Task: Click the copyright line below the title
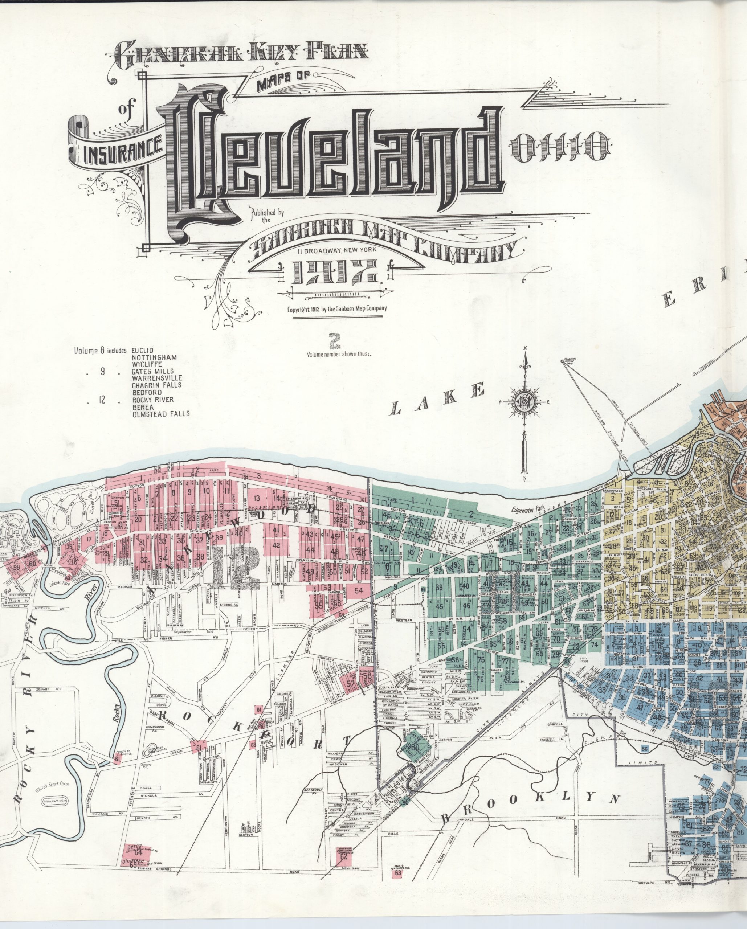pos(337,308)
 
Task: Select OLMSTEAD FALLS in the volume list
pos(161,413)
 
